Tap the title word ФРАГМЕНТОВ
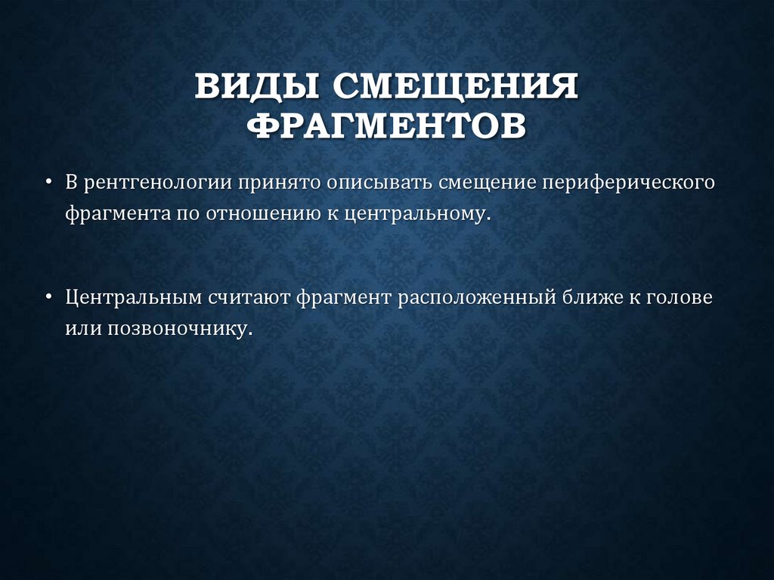[x=386, y=126]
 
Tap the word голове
[x=679, y=296]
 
